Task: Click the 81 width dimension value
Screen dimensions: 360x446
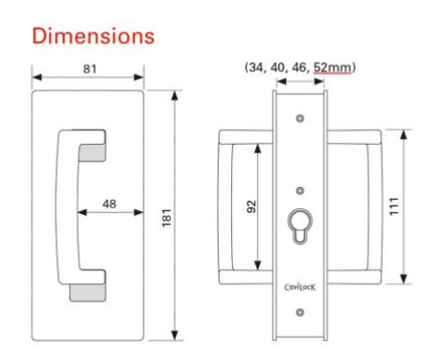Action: click(88, 70)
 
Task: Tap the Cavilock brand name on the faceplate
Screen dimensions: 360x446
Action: click(301, 284)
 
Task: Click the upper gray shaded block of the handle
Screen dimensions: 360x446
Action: click(91, 152)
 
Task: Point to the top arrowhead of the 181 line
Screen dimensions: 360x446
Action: click(175, 97)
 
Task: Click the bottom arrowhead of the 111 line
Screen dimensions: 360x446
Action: click(403, 281)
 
